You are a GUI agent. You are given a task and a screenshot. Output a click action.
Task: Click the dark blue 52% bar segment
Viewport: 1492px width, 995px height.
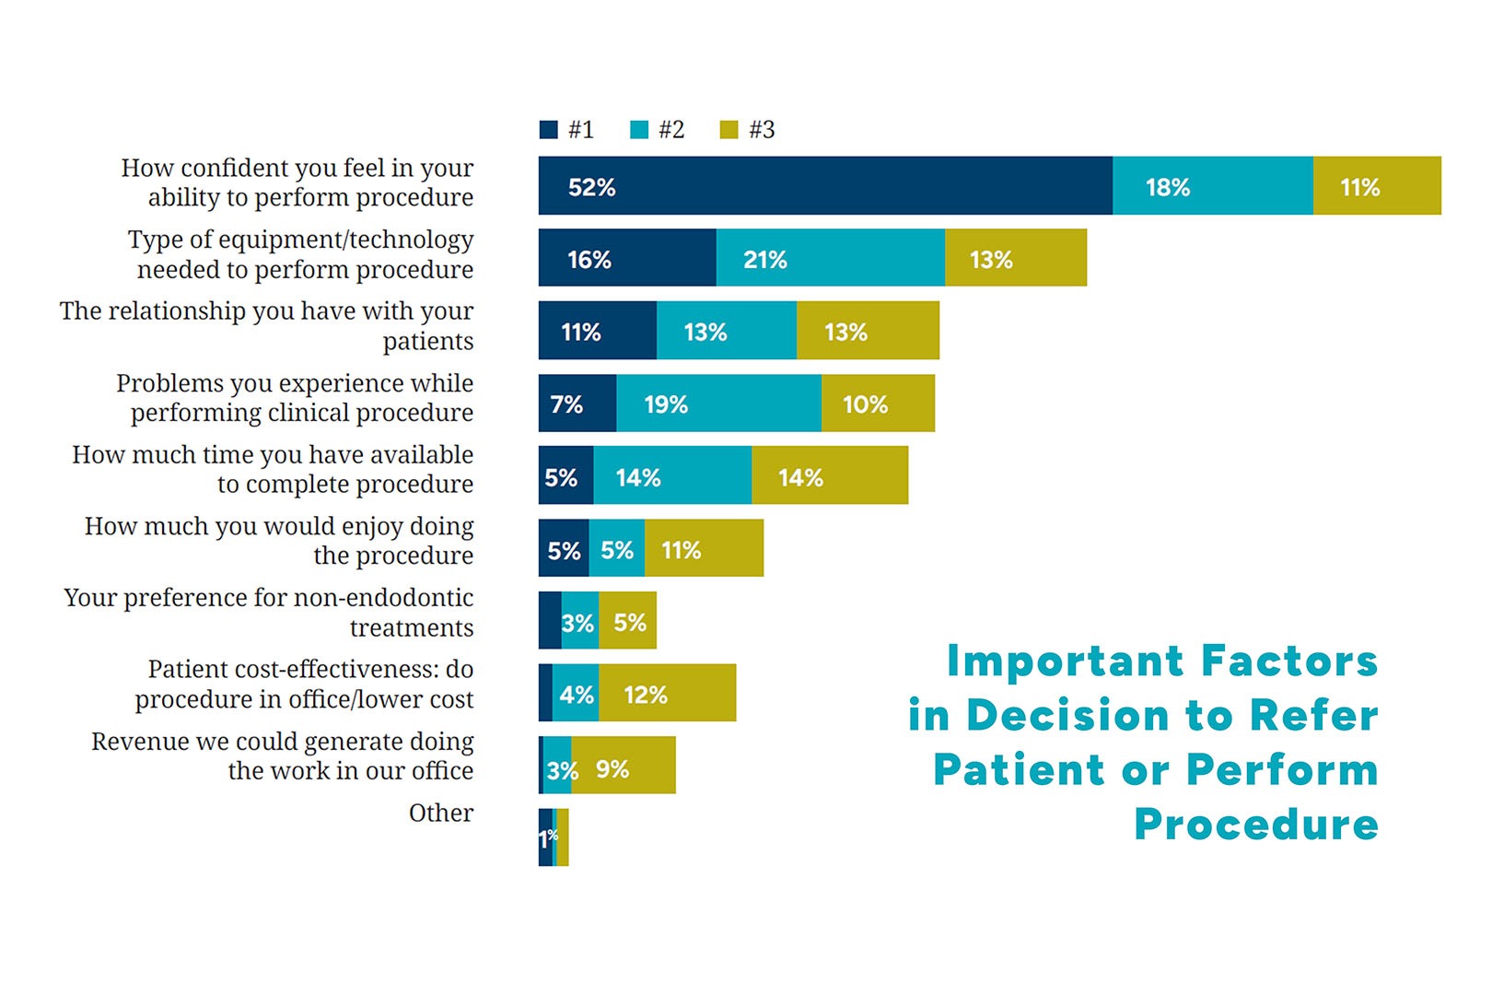(825, 186)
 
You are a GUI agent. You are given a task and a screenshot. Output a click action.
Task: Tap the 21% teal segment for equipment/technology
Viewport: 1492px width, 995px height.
(830, 258)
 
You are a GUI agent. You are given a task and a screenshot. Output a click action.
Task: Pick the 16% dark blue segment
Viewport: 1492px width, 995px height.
(627, 258)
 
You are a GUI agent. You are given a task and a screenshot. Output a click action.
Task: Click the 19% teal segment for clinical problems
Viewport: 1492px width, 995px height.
(718, 404)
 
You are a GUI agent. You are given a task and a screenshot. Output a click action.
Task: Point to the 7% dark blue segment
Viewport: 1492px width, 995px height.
(577, 404)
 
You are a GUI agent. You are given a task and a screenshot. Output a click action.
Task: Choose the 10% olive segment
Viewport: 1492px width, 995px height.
(878, 404)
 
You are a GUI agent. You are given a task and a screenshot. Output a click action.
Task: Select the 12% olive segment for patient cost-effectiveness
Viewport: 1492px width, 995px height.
(667, 693)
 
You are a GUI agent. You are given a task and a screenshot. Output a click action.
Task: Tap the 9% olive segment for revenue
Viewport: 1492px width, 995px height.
(623, 766)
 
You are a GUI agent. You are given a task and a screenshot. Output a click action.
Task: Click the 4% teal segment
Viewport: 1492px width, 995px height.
(576, 693)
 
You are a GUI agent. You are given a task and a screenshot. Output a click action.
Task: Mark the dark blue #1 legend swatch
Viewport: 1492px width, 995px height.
(549, 130)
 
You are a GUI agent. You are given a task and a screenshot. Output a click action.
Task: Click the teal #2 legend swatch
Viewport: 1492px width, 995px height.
(639, 130)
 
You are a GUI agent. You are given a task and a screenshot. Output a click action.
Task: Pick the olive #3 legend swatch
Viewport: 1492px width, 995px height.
(729, 130)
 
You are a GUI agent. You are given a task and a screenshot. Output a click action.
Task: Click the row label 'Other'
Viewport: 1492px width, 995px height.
(441, 813)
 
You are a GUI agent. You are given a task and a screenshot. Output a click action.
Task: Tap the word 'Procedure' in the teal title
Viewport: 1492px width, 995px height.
(1255, 824)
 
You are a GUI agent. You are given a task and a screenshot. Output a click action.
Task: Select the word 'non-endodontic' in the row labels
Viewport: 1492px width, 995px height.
(386, 598)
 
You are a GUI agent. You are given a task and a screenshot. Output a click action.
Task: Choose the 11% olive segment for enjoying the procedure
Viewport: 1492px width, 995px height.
(704, 548)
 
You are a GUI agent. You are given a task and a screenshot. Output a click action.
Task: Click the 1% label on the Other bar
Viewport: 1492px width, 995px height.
(548, 837)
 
